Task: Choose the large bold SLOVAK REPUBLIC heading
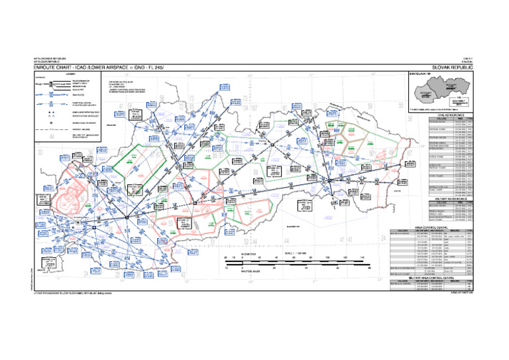point(453,68)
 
